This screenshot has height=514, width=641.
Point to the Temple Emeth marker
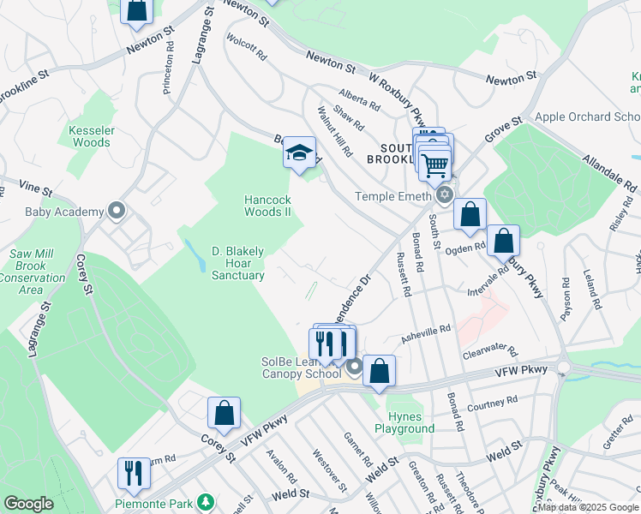444,196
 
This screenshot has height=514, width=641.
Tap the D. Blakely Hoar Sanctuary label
237,263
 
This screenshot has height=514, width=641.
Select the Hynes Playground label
404,422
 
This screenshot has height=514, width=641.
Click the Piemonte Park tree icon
205,501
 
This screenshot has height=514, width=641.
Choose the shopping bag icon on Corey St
224,413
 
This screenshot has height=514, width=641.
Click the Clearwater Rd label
489,350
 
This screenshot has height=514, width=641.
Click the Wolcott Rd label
247,46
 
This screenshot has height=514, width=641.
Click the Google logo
28,504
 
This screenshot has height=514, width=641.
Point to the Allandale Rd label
609,172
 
